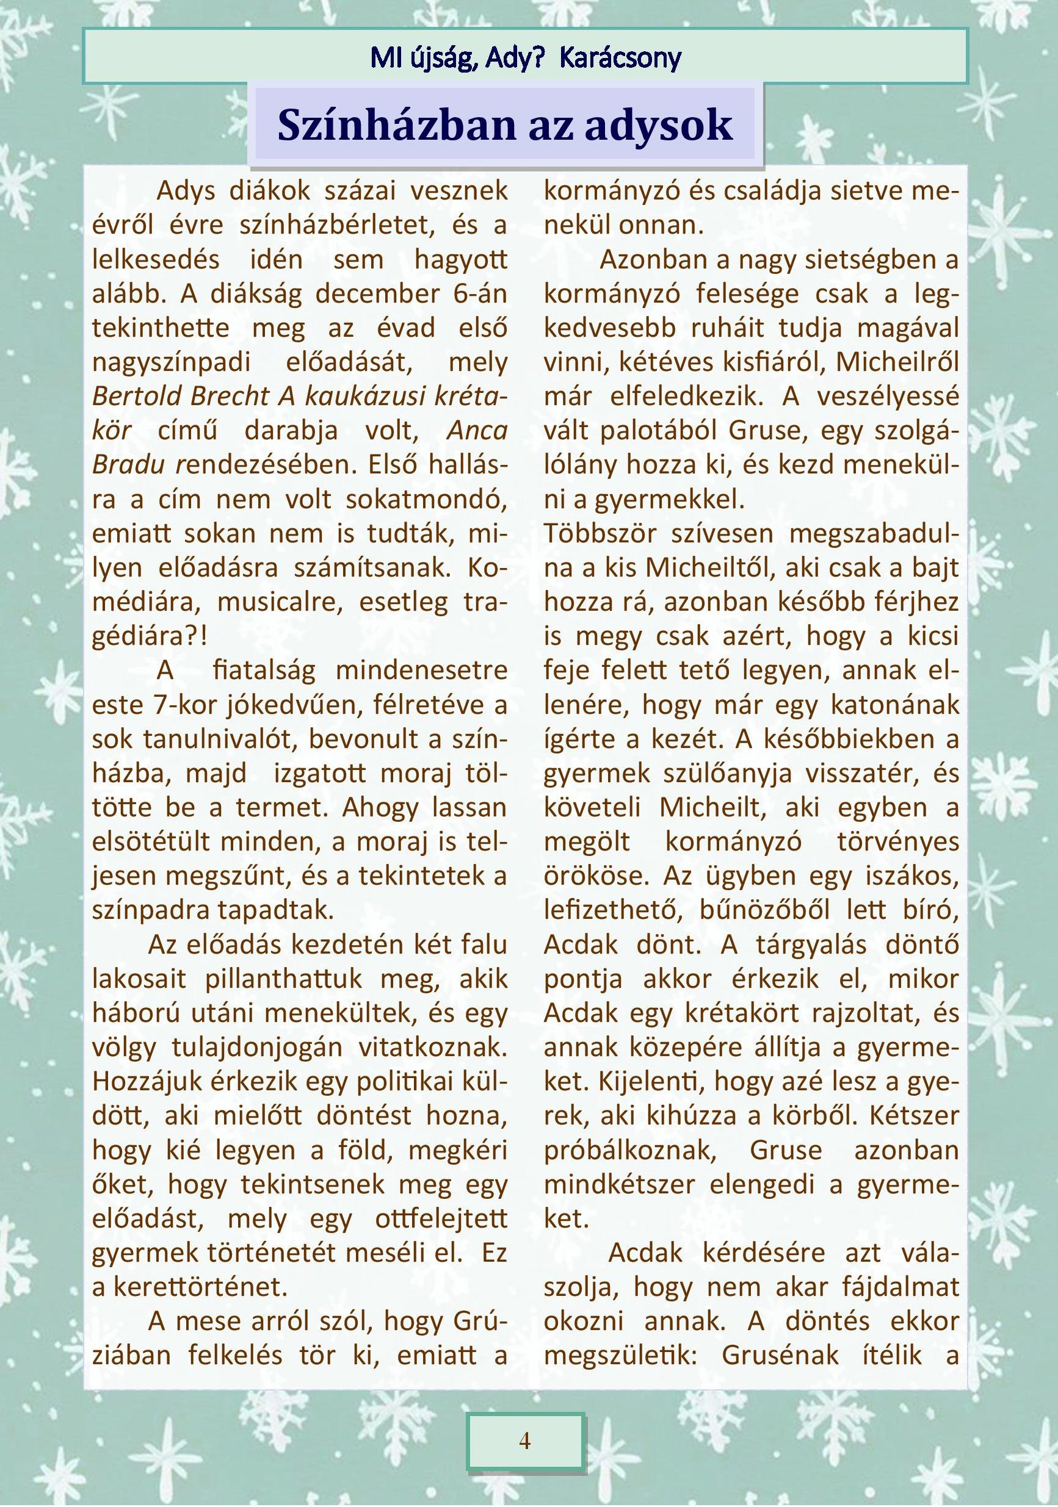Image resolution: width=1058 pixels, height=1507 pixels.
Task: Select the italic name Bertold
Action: click(136, 396)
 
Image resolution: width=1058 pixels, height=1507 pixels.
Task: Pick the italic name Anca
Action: click(477, 430)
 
